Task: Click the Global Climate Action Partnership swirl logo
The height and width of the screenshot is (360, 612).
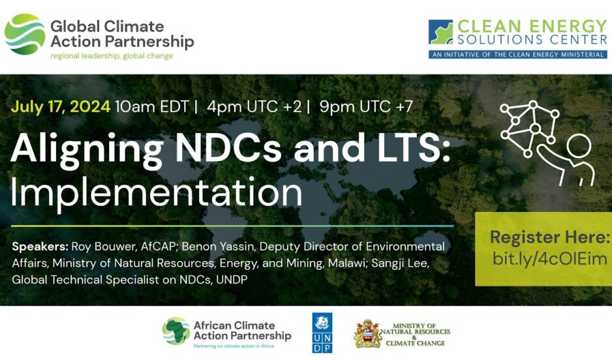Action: click(x=25, y=34)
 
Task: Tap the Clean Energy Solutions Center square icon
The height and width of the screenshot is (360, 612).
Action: click(x=440, y=32)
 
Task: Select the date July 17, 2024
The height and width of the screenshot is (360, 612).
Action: click(x=61, y=106)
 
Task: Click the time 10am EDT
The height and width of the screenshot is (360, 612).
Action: click(x=152, y=106)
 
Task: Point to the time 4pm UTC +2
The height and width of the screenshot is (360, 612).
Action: click(x=254, y=106)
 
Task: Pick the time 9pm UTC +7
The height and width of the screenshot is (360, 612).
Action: click(x=366, y=106)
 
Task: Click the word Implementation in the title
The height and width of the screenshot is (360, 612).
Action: click(x=156, y=192)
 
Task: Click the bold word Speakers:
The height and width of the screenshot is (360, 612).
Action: click(x=40, y=247)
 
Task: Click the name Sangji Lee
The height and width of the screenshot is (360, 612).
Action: click(x=400, y=263)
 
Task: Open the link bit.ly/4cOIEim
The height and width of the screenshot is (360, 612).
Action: click(x=549, y=259)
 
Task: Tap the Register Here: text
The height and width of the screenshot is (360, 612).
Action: click(x=549, y=237)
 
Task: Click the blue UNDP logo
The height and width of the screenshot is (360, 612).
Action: click(x=322, y=333)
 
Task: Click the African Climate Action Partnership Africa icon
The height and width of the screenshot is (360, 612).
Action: click(x=176, y=331)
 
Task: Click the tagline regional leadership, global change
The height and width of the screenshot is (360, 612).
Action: click(x=112, y=56)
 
